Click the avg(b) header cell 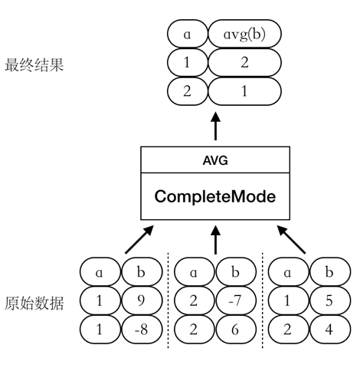[244, 35]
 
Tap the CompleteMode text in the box [215, 196]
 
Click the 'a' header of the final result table [187, 35]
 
